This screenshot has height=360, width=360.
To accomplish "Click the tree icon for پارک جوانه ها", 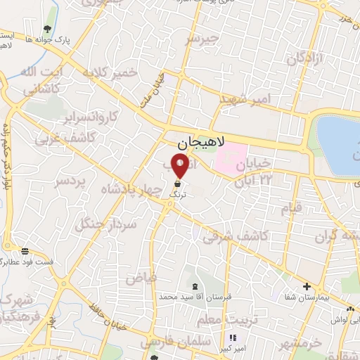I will [x=47, y=29].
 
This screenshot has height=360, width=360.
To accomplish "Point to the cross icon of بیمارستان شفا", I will [x=307, y=286].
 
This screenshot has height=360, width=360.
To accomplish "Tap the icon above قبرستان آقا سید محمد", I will [x=195, y=286].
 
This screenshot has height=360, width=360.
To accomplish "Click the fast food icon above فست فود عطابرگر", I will [x=26, y=251].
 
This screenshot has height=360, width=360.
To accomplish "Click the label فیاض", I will [x=141, y=277].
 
